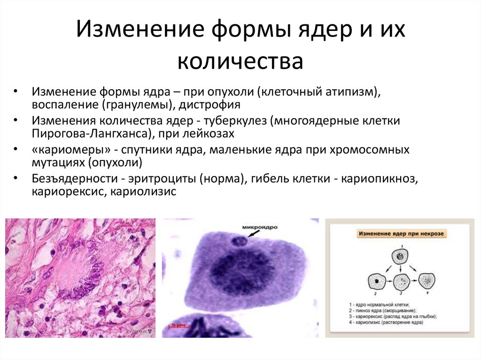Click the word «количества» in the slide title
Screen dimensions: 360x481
point(240,62)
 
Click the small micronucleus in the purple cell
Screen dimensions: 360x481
point(239,242)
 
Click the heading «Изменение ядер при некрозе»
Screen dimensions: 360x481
point(401,233)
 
